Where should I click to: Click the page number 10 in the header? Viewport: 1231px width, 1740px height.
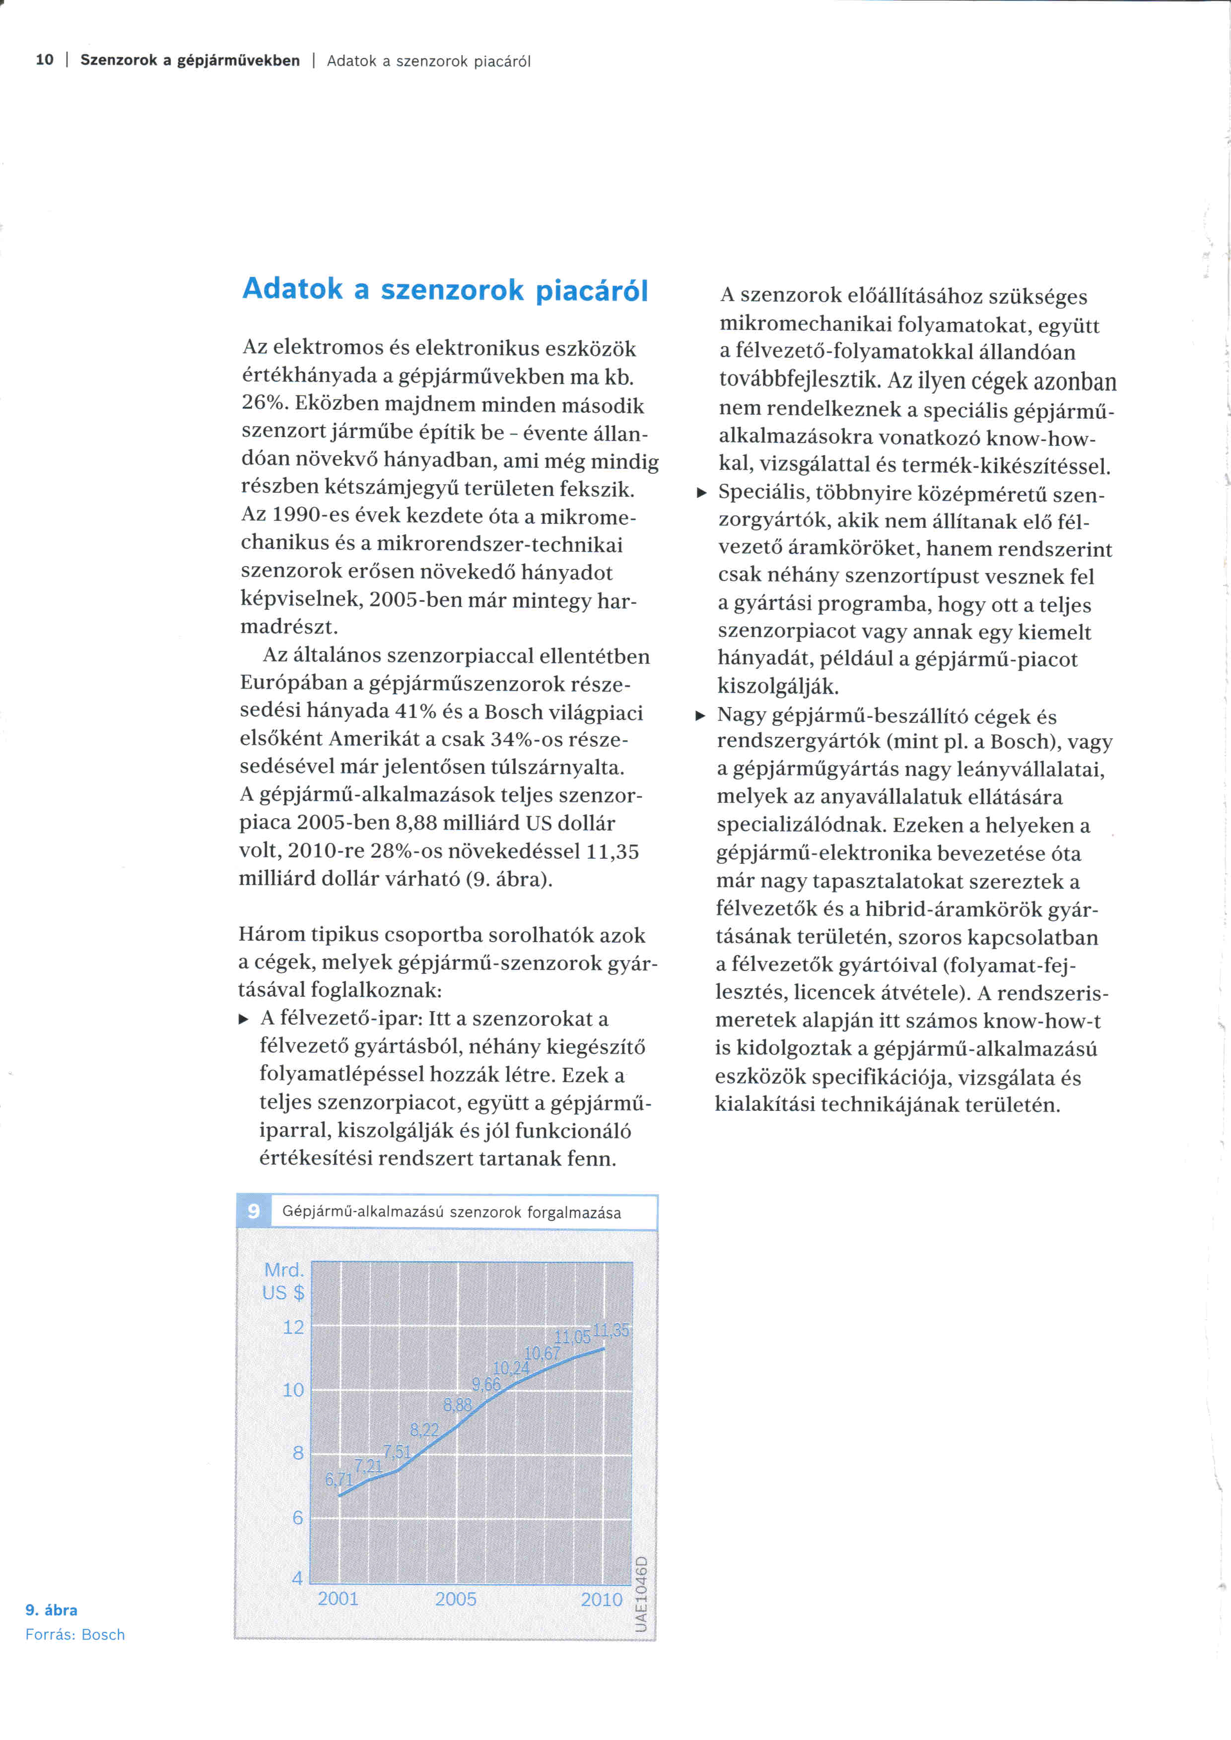tap(45, 60)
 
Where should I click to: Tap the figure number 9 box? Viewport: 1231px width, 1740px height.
tap(253, 1211)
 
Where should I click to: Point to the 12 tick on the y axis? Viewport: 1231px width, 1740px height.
tap(293, 1328)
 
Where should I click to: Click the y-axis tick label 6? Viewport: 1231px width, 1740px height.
tap(297, 1517)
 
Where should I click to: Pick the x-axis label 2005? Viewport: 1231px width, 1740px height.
tap(456, 1599)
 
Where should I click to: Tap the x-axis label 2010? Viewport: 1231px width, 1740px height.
tap(601, 1600)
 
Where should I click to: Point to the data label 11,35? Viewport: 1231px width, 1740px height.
tap(611, 1330)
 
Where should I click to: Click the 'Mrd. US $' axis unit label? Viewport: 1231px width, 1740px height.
tap(283, 1282)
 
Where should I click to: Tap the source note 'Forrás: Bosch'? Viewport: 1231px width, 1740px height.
tap(75, 1635)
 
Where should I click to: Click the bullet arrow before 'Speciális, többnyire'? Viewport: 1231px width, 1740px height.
tap(702, 493)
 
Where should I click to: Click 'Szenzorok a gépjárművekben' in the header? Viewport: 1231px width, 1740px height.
tap(190, 61)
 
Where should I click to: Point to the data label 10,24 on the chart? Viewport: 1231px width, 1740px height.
tap(511, 1368)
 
